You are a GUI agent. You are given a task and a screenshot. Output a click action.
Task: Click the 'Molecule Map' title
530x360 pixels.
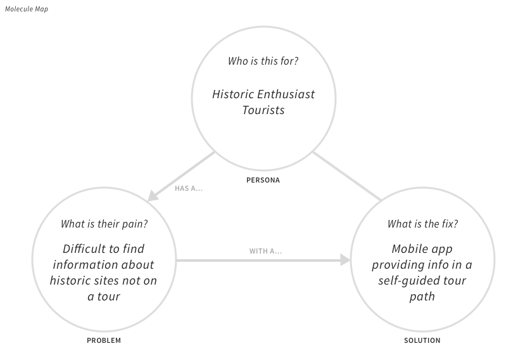tap(27, 9)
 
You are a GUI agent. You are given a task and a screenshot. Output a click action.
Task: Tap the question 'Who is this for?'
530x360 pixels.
tap(263, 61)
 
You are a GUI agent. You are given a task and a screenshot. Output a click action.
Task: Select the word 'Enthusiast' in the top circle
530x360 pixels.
tap(286, 94)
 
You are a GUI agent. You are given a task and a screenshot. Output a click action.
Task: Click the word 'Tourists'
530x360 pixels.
tap(263, 110)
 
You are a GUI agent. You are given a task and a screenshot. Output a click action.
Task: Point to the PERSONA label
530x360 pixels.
tap(263, 180)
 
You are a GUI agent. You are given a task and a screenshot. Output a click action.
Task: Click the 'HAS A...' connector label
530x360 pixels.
tap(189, 188)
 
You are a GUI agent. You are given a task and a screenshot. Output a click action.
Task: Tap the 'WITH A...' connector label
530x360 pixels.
tap(265, 251)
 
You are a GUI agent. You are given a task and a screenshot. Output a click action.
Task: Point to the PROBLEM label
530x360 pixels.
tap(104, 340)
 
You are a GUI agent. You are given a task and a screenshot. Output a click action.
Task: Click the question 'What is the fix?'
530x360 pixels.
tap(422, 224)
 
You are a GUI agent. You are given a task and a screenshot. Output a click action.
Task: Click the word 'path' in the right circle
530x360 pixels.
tap(422, 296)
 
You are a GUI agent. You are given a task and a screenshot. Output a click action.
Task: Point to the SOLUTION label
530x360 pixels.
tap(422, 340)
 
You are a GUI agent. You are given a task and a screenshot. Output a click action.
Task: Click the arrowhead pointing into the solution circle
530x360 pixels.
tap(345, 260)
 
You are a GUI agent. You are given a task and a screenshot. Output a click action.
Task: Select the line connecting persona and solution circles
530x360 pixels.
tap(347, 176)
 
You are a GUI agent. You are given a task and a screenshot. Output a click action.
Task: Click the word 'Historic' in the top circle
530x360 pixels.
tap(232, 94)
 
